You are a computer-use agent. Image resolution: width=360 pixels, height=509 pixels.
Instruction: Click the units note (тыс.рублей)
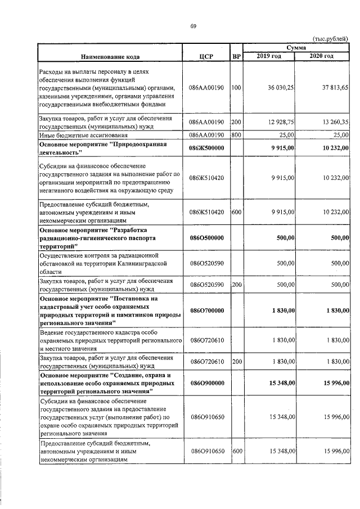click(x=330, y=38)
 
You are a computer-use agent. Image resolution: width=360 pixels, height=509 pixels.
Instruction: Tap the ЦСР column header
click(x=206, y=56)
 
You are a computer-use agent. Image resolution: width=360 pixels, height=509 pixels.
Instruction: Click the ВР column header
click(x=237, y=56)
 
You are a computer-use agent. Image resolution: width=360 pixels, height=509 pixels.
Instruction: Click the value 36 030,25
click(x=280, y=88)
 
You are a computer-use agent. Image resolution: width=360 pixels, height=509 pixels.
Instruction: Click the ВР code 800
click(x=236, y=135)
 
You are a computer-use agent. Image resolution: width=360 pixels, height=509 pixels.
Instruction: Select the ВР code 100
click(x=236, y=88)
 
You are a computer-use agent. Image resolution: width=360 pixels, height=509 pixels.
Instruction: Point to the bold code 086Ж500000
click(x=206, y=148)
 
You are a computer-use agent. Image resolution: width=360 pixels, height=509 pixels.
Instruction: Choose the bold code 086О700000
click(x=206, y=310)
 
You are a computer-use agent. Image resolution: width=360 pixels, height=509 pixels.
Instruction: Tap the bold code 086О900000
click(x=206, y=382)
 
